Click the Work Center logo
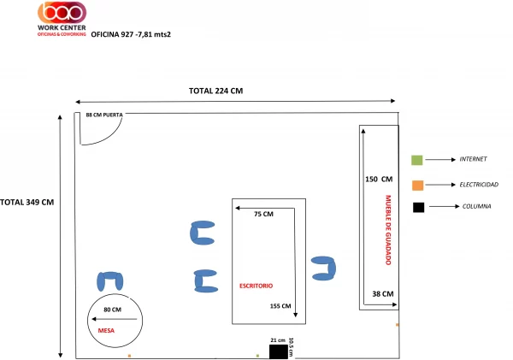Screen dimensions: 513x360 [62, 19]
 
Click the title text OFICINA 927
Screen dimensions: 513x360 [112, 34]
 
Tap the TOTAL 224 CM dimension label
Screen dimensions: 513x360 [216, 91]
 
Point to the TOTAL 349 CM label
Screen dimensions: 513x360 [27, 203]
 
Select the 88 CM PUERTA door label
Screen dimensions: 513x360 [104, 115]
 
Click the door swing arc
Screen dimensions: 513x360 [107, 137]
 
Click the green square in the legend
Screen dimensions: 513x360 [417, 160]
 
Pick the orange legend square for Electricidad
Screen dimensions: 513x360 [418, 186]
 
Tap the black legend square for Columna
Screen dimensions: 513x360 [418, 208]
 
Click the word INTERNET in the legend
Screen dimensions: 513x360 [473, 159]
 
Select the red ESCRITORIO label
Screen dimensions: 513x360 [256, 286]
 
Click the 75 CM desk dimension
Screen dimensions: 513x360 [263, 214]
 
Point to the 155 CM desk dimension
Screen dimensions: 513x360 [280, 306]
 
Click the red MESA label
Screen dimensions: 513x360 [106, 331]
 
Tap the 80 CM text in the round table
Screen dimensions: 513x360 [113, 310]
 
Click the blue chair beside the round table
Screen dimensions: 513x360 [110, 281]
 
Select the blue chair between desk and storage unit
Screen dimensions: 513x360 [323, 269]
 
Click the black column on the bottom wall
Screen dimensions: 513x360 [279, 351]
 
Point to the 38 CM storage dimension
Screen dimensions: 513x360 [383, 294]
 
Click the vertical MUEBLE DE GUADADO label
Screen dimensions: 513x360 [388, 230]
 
